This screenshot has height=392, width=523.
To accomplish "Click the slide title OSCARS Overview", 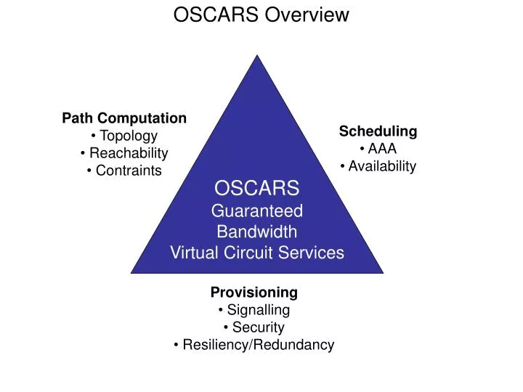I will [261, 15].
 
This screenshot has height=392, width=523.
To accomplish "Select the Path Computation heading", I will [124, 118].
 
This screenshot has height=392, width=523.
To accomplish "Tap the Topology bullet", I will [125, 136].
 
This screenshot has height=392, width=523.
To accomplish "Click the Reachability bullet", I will [125, 153].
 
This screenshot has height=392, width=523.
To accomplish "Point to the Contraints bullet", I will [124, 171].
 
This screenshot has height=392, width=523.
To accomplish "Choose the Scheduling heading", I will [378, 131].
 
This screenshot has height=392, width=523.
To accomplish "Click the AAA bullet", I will [378, 149].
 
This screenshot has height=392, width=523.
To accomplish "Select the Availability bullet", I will [378, 166].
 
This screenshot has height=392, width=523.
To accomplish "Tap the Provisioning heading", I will [254, 292].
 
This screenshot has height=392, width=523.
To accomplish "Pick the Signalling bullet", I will [255, 310].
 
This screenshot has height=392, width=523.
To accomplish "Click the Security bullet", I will [255, 327].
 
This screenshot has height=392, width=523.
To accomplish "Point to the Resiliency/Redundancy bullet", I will [255, 345].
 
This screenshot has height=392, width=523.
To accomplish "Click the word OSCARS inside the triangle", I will [256, 189].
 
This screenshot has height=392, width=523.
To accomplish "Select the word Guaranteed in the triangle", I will [256, 211].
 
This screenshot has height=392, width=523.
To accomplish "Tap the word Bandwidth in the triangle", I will [257, 232].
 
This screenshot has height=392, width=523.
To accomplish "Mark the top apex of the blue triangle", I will [257, 57].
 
